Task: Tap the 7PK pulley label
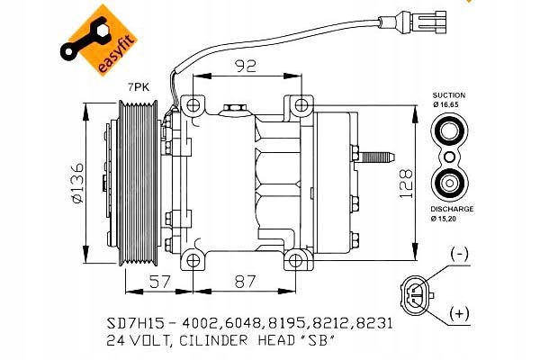(x=139, y=86)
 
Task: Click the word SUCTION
(x=448, y=94)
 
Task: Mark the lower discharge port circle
(x=447, y=183)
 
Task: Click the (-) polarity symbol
(x=459, y=255)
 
